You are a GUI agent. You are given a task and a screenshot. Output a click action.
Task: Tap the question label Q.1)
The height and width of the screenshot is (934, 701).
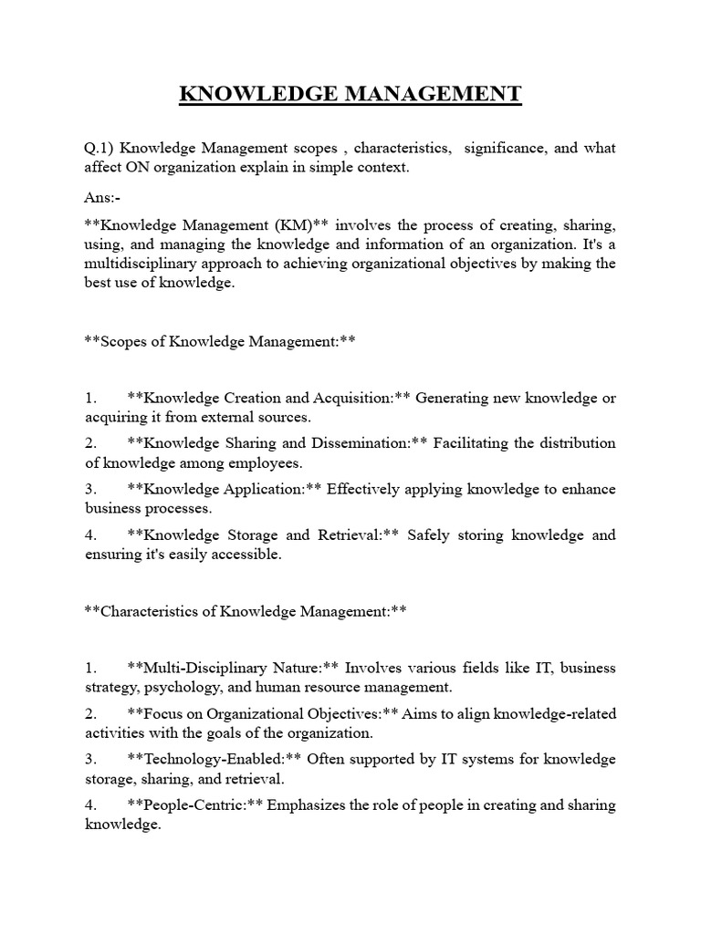tap(99, 148)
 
